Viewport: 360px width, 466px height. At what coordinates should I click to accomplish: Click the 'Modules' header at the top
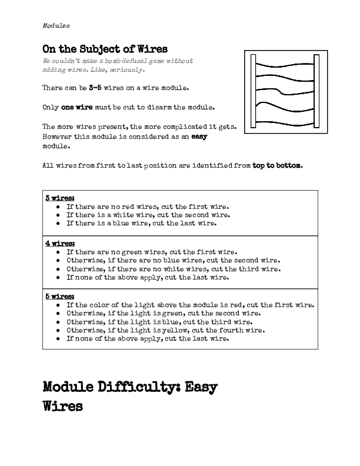pos(56,26)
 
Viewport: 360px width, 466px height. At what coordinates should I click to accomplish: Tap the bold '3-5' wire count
pos(96,88)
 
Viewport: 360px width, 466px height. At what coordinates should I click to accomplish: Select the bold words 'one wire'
pos(74,107)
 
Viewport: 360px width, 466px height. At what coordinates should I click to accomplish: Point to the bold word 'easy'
pos(199,136)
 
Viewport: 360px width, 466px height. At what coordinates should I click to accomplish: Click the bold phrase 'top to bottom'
pos(277,165)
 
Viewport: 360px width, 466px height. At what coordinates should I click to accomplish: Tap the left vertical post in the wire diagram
pos(252,91)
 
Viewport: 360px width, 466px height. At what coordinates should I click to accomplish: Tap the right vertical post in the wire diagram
pos(316,91)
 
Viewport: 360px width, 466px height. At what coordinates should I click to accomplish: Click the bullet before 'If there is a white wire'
pos(58,215)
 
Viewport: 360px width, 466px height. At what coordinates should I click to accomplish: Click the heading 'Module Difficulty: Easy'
pos(130,387)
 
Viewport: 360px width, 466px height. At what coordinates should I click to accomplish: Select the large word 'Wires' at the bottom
pos(62,407)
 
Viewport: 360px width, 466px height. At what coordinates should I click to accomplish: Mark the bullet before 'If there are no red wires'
pos(58,207)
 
